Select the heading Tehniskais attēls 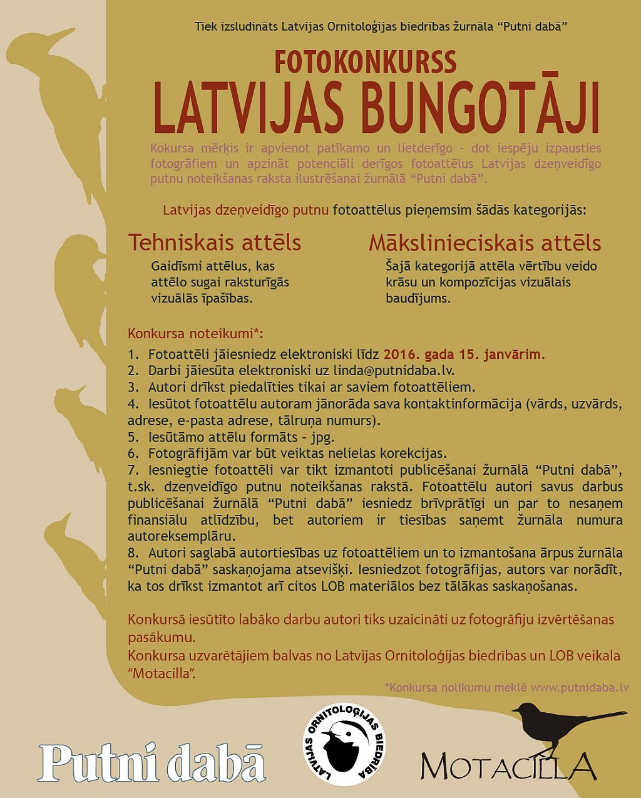coord(214,242)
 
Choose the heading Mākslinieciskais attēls coord(485,242)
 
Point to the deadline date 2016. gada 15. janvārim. coord(464,354)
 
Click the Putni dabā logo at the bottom coord(152,761)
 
